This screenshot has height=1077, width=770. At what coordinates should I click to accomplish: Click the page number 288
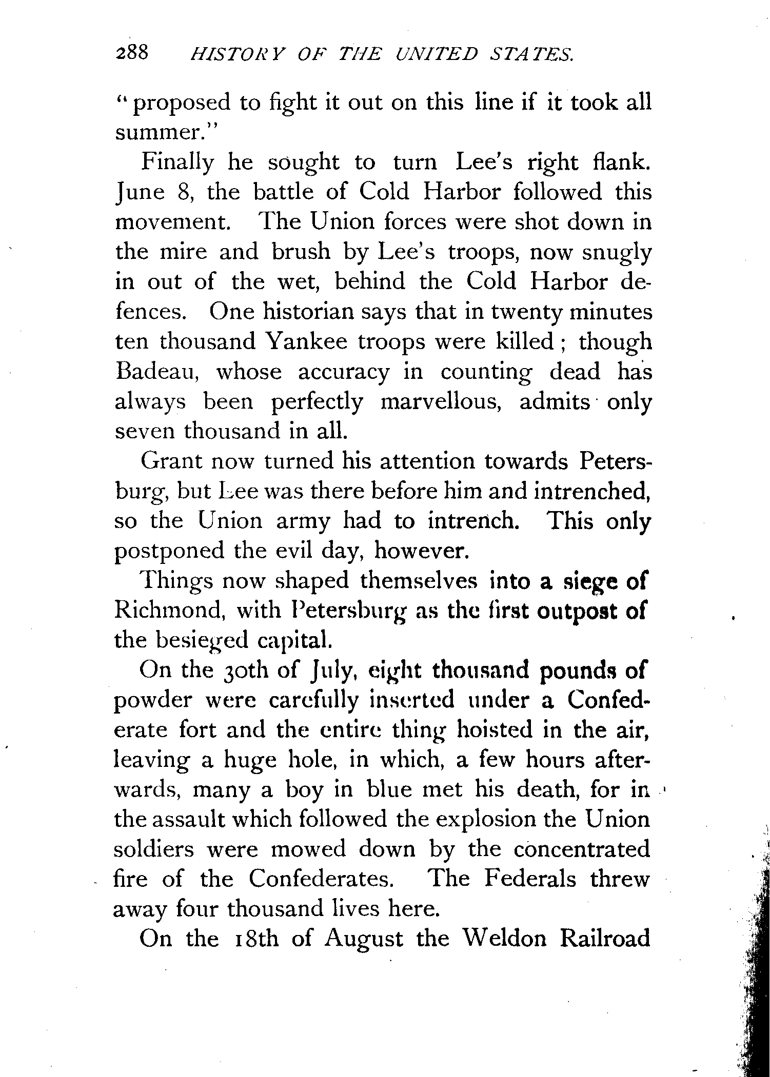tap(132, 52)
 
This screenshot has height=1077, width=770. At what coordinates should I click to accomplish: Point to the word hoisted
tap(495, 729)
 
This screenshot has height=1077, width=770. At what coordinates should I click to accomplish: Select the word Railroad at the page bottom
tap(605, 939)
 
